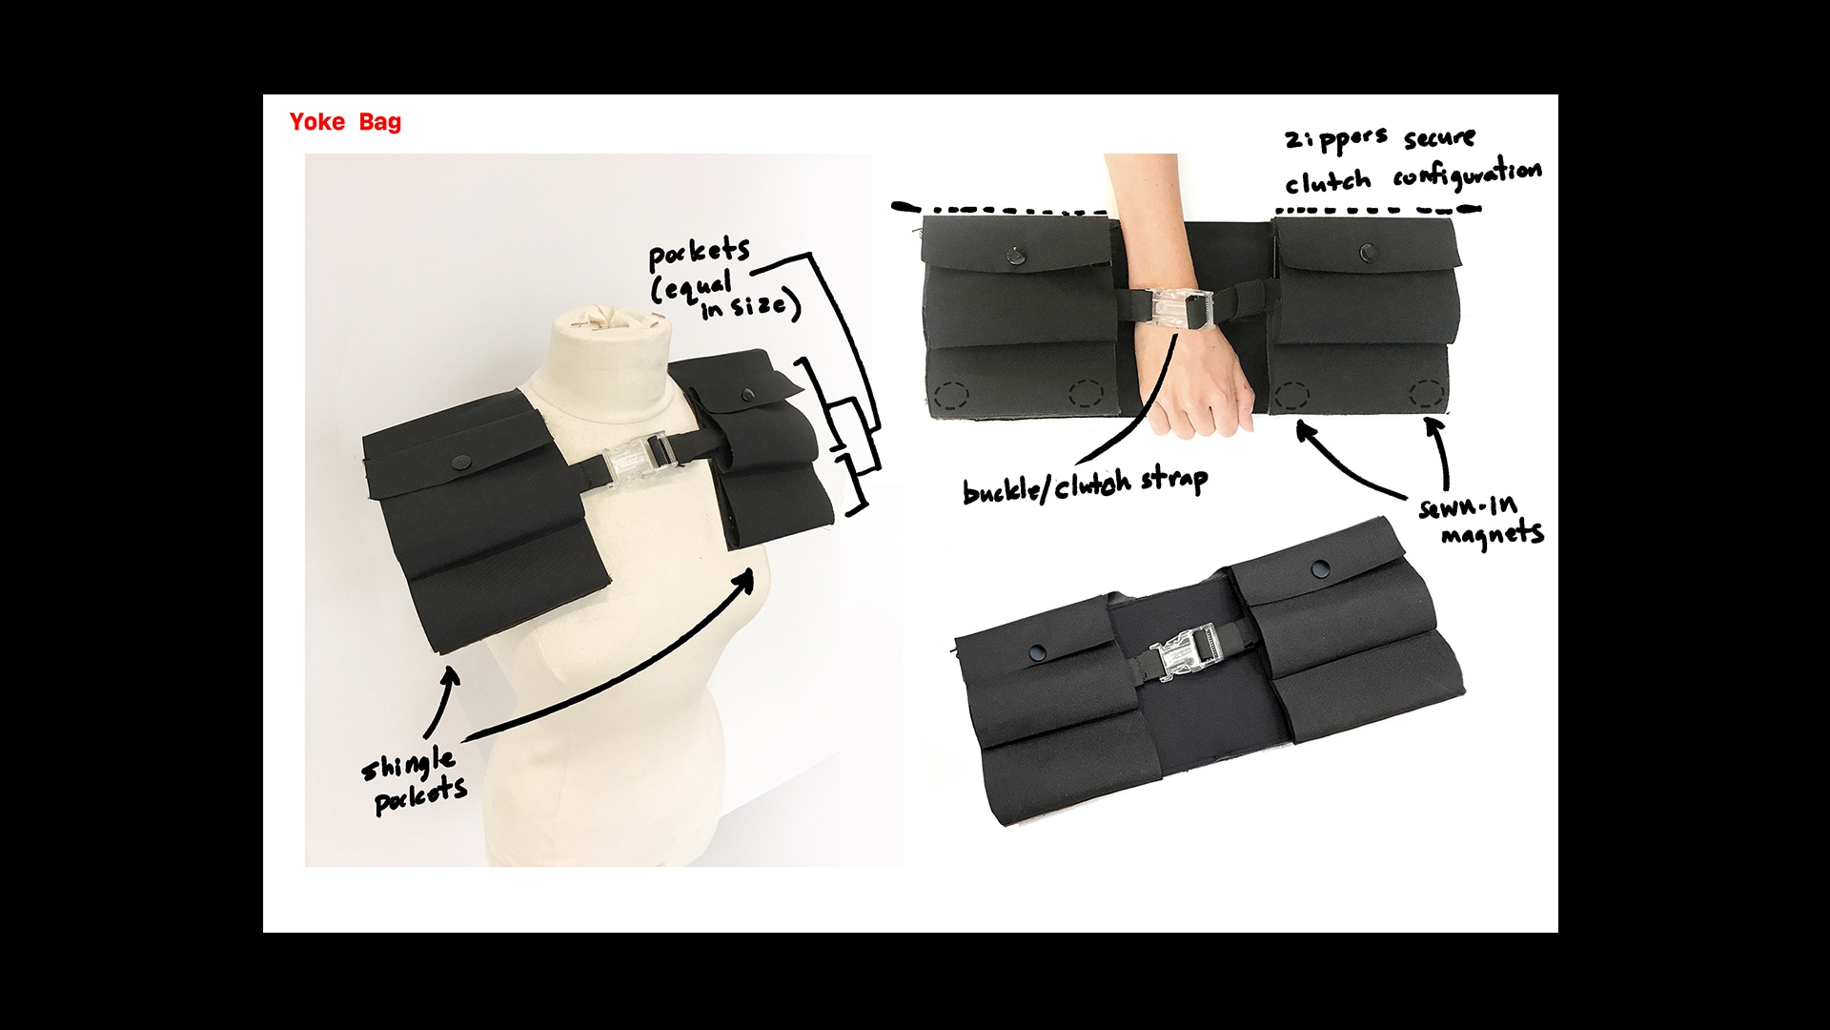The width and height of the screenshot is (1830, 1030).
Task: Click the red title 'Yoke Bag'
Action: (345, 122)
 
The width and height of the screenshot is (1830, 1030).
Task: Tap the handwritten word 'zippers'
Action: (1336, 140)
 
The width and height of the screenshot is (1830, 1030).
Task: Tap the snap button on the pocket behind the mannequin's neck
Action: (748, 394)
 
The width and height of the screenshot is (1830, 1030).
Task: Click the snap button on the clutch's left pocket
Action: (1014, 255)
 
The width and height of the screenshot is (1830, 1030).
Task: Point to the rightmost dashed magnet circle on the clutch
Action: (1427, 393)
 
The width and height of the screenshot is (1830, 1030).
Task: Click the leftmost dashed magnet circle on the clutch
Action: (951, 395)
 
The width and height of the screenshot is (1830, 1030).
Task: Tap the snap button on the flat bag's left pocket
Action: (1038, 653)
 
